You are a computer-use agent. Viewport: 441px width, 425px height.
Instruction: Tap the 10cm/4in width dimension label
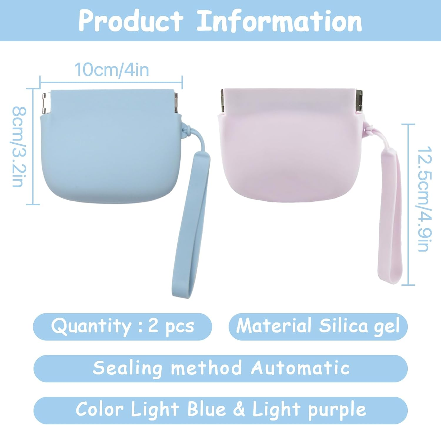[111, 70]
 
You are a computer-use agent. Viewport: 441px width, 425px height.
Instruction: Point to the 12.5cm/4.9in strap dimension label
[425, 199]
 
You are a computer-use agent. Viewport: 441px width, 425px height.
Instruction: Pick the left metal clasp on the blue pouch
[44, 103]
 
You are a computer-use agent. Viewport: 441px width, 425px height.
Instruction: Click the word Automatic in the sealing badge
[300, 368]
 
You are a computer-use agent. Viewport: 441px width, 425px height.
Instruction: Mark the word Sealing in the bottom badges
[127, 368]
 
